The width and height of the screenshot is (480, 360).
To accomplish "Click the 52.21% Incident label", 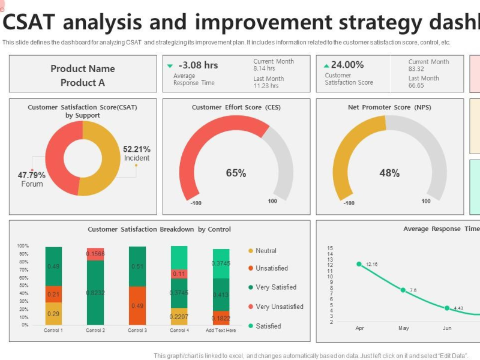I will pos(136,154).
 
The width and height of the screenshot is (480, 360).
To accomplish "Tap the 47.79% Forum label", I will pos(32,179).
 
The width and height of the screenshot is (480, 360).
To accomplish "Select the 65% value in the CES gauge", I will pos(236,173).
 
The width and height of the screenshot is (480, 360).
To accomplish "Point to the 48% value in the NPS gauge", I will pos(389,173).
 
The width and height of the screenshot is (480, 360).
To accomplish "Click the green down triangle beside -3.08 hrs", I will pos(170,65).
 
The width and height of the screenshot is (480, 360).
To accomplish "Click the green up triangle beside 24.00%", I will pos(326,65).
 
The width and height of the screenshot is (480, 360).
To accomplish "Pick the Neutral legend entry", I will pos(266,251).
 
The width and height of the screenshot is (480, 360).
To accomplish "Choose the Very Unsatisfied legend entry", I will pos(279,307).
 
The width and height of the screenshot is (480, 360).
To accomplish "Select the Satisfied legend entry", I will pos(268,326).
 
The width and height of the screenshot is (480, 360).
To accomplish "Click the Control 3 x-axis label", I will pos(137,331).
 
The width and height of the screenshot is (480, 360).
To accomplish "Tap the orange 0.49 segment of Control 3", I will pos(137,305).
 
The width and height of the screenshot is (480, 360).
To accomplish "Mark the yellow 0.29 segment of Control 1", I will pos(53,313).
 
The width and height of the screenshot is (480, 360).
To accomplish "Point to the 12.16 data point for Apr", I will pos(359,264).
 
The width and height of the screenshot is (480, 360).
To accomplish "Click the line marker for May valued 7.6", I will pos(403,290).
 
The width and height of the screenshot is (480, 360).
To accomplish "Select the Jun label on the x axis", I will pos(447,328).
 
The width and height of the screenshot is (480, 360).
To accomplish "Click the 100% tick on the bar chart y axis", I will pos(23,246).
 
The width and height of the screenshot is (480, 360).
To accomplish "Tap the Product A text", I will pos(83,83).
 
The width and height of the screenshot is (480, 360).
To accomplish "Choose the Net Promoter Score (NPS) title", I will pos(389,107).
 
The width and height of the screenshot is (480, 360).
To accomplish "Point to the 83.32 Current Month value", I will pos(416,69).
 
